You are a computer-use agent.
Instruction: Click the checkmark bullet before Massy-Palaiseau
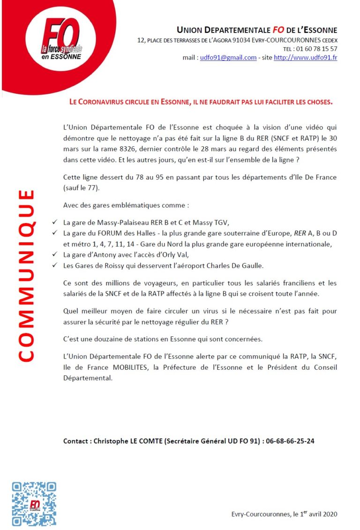click(x=55, y=222)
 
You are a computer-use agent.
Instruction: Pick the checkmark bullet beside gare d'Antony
click(x=55, y=255)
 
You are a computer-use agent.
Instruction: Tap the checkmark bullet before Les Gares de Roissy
click(x=55, y=266)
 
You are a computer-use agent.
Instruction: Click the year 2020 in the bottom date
click(x=329, y=514)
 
